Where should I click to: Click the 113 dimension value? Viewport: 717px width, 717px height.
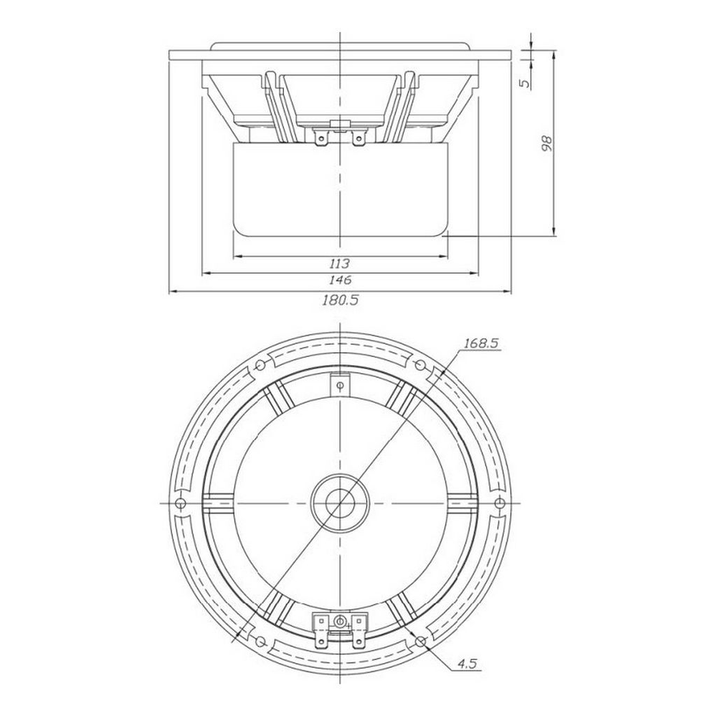click(339, 264)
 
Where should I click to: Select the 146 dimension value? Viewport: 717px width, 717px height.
click(340, 280)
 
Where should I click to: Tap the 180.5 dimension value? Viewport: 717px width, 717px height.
click(341, 300)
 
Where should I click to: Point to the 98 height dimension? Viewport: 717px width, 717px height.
click(547, 143)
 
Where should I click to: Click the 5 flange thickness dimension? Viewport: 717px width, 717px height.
click(526, 83)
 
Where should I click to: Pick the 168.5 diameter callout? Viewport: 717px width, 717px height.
click(480, 343)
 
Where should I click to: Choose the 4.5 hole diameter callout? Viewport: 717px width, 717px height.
click(468, 665)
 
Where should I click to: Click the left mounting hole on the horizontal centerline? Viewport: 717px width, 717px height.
click(181, 503)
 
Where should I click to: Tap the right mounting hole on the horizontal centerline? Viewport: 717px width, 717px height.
click(500, 503)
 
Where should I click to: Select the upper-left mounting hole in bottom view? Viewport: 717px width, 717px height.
click(260, 365)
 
